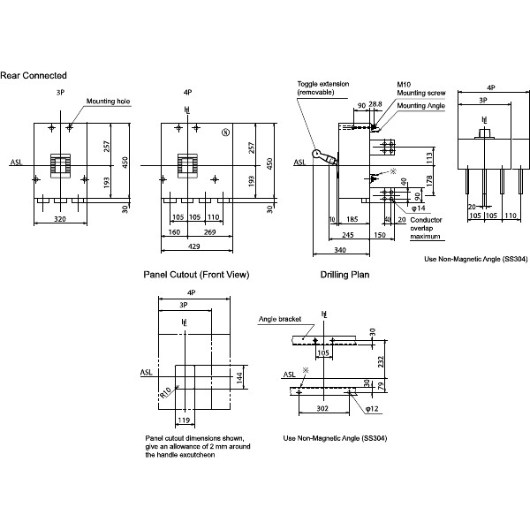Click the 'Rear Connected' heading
(34, 76)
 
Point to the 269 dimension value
(211, 233)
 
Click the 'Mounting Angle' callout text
(421, 106)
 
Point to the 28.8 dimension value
(375, 104)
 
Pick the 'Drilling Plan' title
(344, 275)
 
